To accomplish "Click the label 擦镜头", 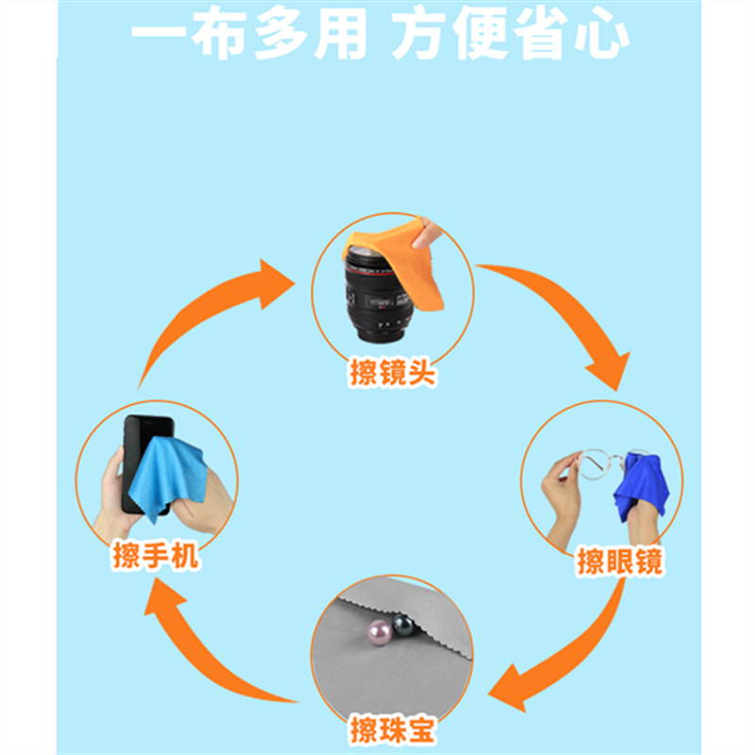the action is point(393,374).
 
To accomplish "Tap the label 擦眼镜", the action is point(620,562).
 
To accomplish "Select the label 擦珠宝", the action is point(392,730).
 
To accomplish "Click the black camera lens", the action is point(375,293).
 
